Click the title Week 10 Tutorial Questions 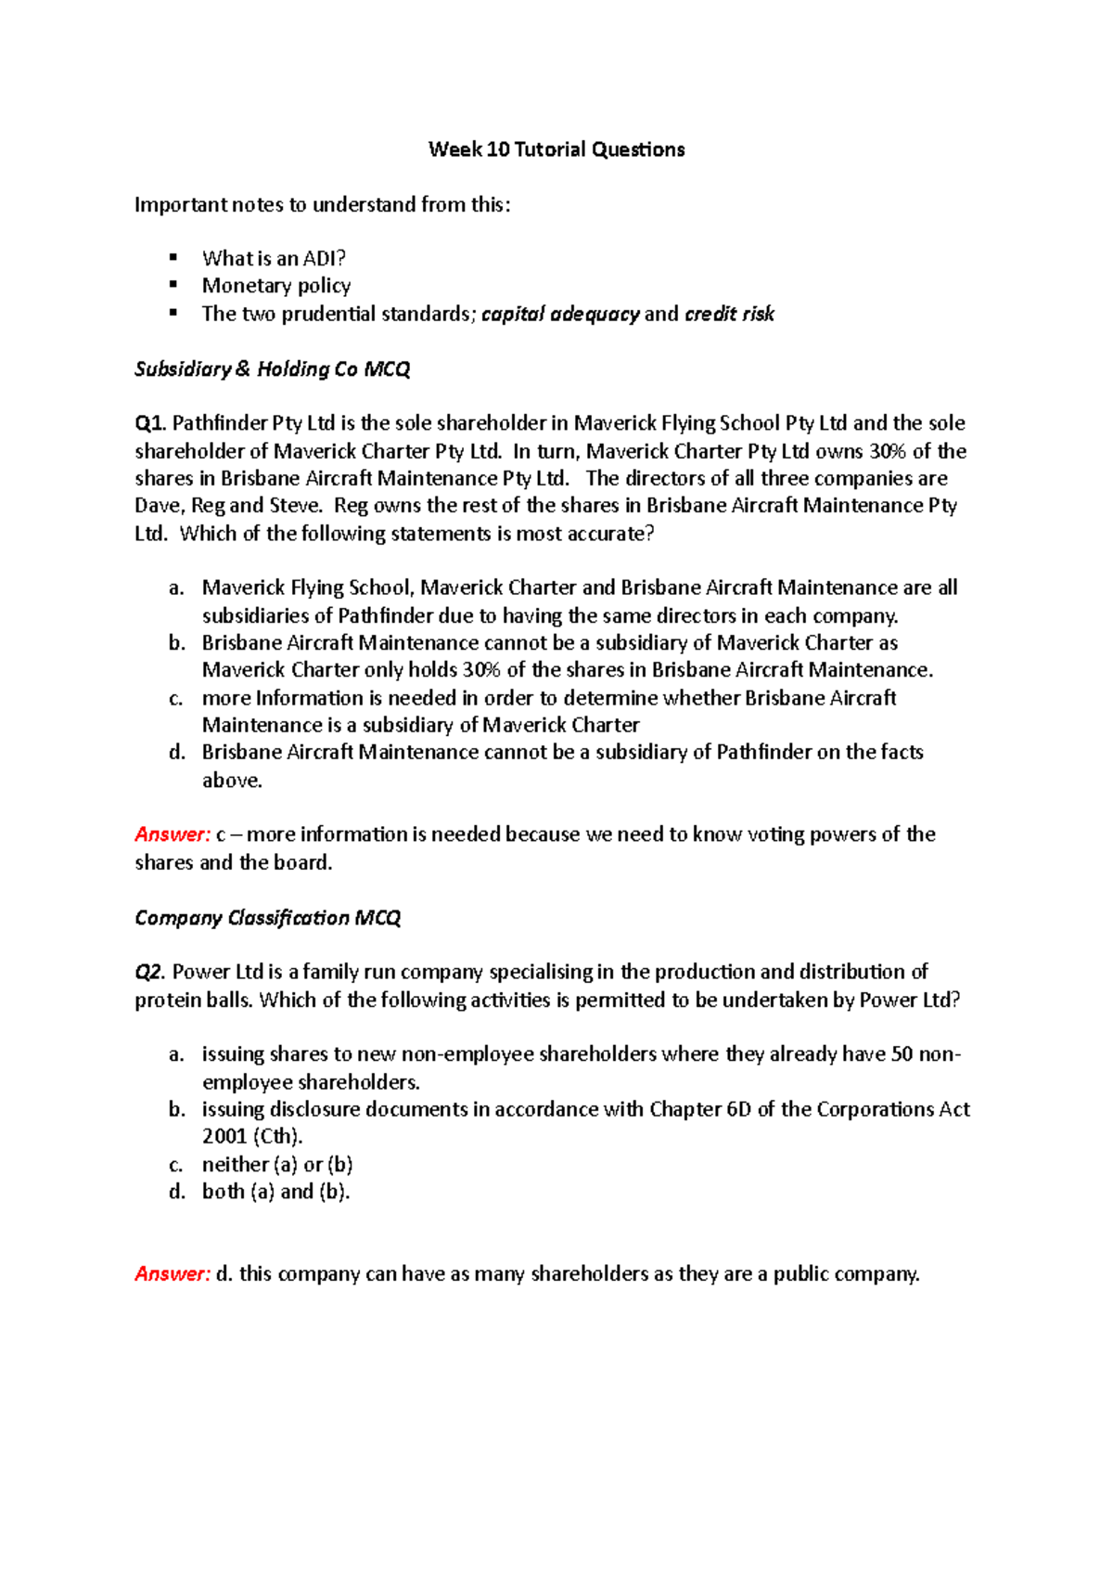click(x=556, y=149)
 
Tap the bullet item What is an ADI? click(x=274, y=258)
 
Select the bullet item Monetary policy click(x=276, y=286)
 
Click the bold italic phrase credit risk click(x=729, y=314)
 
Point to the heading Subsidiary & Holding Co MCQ click(x=272, y=369)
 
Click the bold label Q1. click(x=149, y=423)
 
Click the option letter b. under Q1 click(x=177, y=642)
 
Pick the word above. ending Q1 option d click(x=232, y=781)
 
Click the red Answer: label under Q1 click(x=173, y=834)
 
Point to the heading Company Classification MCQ click(x=267, y=918)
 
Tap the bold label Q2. click(x=149, y=972)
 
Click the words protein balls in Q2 click(x=194, y=1001)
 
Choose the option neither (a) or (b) click(x=277, y=1165)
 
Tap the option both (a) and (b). click(x=275, y=1192)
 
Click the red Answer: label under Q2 click(x=173, y=1274)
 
